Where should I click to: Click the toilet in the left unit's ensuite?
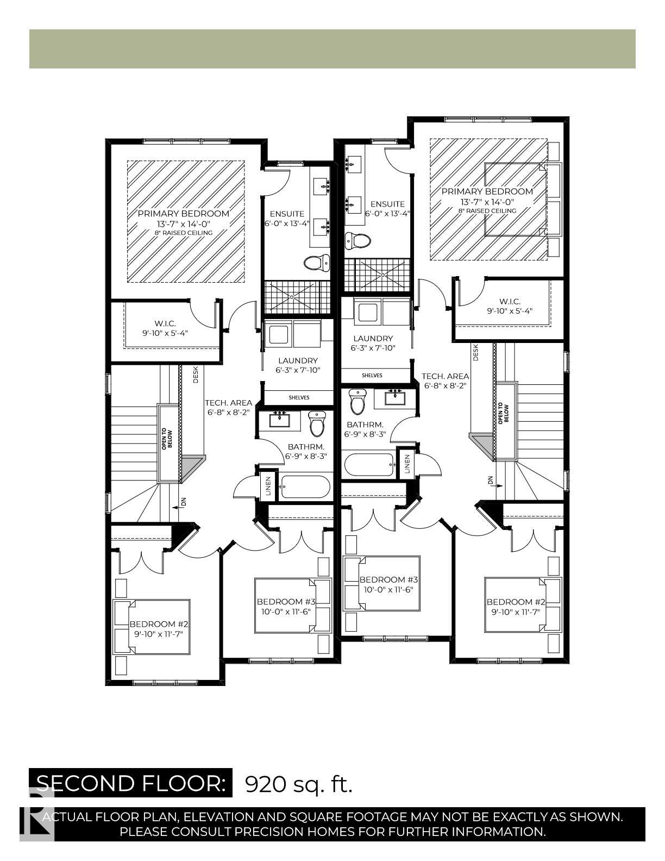(317, 263)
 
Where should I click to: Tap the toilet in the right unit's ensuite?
(357, 240)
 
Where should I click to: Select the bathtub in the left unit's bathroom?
(304, 487)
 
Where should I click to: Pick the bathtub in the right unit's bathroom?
(369, 465)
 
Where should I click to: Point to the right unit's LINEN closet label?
(407, 463)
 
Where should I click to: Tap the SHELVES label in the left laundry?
(299, 397)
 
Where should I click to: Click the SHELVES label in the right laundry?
(372, 376)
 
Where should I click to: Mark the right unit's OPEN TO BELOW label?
(504, 413)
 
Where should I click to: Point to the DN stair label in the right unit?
(490, 481)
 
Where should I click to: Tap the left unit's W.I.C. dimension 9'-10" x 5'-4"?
(165, 333)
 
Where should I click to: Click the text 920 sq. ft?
(299, 784)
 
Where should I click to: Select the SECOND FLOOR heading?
(130, 783)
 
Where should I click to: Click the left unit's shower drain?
(292, 297)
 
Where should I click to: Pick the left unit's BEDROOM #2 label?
(159, 624)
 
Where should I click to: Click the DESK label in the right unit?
(476, 353)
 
